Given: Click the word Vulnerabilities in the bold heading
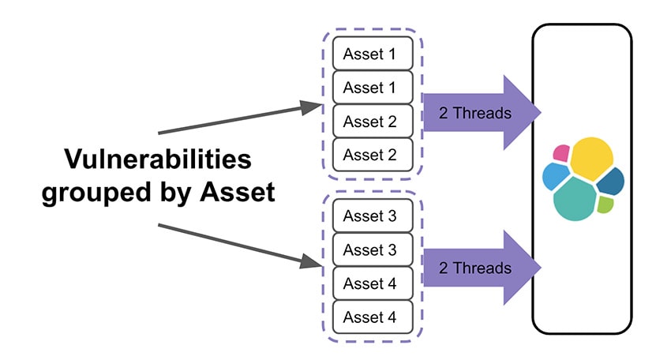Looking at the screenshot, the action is [x=158, y=159].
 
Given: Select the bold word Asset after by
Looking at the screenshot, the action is [x=238, y=192].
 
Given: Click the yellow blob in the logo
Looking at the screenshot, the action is [x=592, y=158].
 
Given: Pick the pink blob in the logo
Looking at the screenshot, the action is [x=561, y=153].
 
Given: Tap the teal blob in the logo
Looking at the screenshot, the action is [x=574, y=199].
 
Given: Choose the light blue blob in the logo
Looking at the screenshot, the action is [x=556, y=176].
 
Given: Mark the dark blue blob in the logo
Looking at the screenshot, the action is [x=611, y=182].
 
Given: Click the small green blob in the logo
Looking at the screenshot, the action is [x=605, y=204].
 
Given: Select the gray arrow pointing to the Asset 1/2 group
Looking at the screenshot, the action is [x=240, y=118].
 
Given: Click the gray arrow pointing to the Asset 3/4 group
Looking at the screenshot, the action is [x=240, y=246].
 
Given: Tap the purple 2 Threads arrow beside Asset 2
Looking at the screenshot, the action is [x=482, y=113].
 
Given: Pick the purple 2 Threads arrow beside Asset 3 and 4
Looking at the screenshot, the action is [x=482, y=268].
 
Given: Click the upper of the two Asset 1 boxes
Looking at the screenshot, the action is [x=373, y=54].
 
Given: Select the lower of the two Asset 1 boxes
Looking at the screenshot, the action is [x=373, y=88].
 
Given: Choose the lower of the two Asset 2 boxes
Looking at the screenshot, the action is [x=373, y=155].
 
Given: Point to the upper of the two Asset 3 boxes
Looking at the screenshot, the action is [x=373, y=216].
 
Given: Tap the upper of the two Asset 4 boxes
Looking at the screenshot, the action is [x=373, y=283].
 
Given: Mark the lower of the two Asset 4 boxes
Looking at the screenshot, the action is [x=373, y=317].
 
